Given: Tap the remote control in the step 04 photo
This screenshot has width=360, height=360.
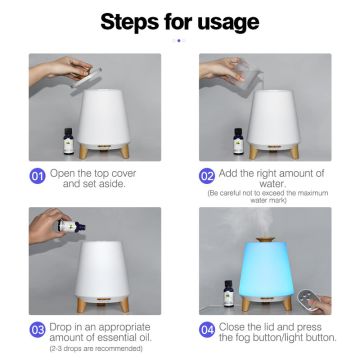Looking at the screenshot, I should click(x=307, y=298).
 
